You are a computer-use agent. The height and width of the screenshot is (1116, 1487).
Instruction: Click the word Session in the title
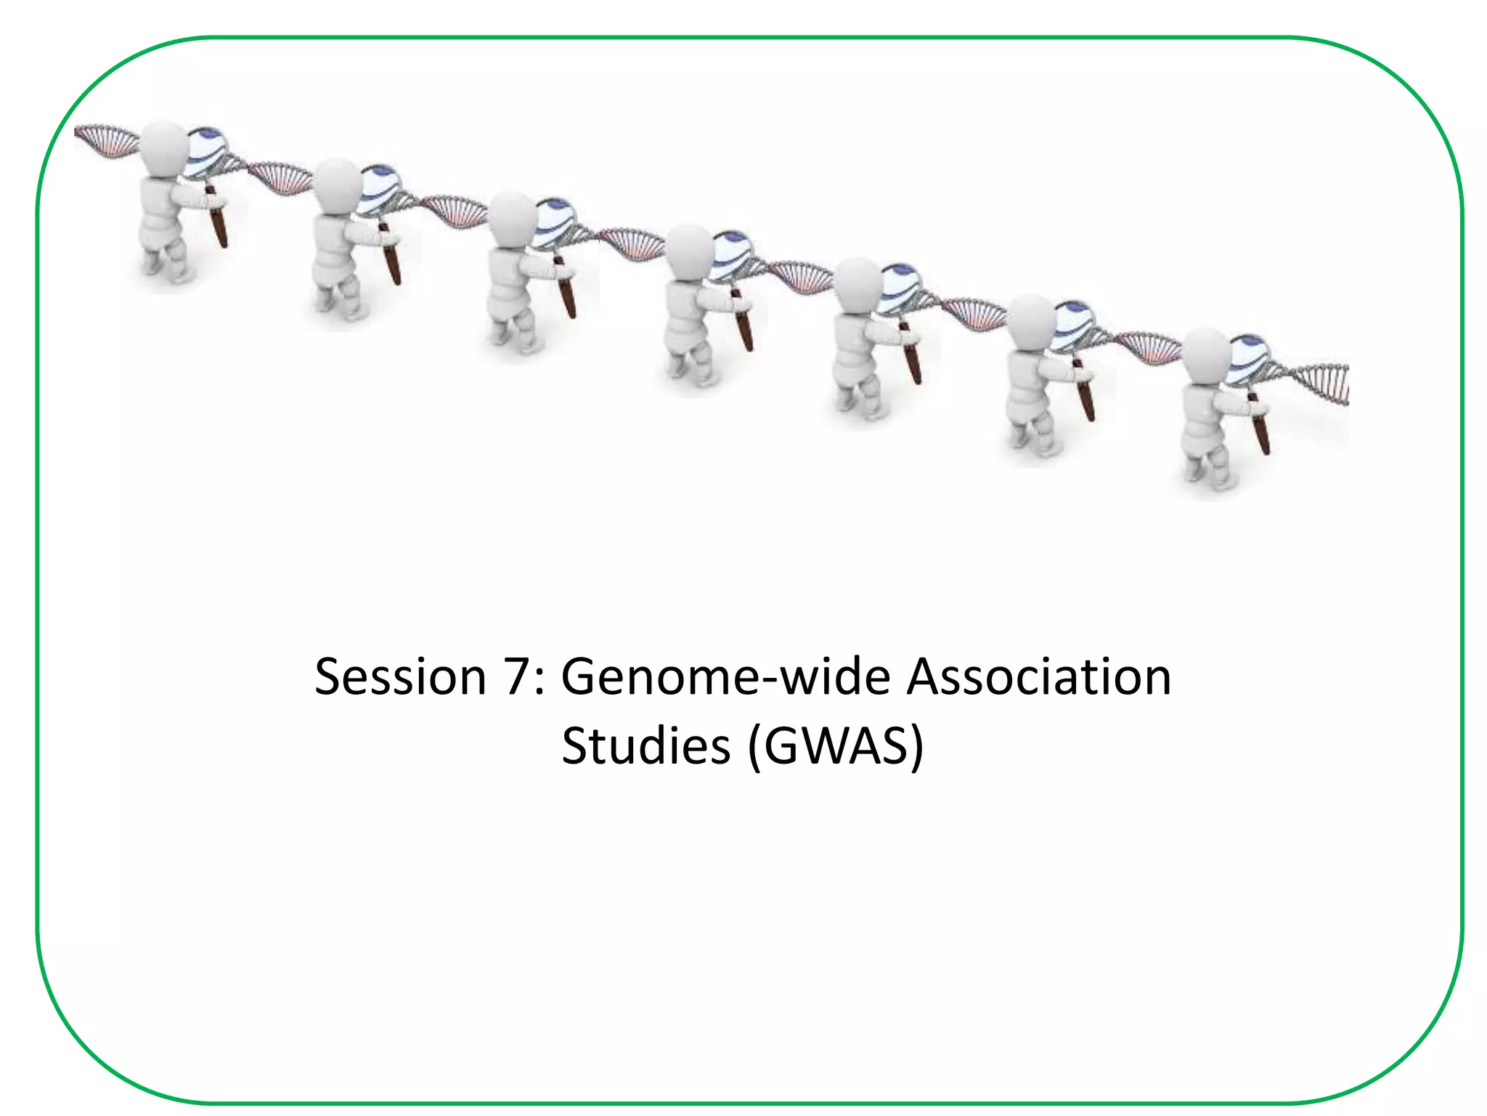click(x=400, y=677)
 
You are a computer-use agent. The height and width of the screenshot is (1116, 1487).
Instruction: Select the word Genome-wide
click(x=725, y=677)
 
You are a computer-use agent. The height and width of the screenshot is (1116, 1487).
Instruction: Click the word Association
click(x=1039, y=677)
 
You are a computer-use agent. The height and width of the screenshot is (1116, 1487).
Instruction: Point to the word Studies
click(x=645, y=746)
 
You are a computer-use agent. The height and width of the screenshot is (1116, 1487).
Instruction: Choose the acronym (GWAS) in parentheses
click(x=836, y=746)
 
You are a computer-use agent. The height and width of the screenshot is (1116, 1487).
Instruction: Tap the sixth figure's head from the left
click(x=1031, y=320)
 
